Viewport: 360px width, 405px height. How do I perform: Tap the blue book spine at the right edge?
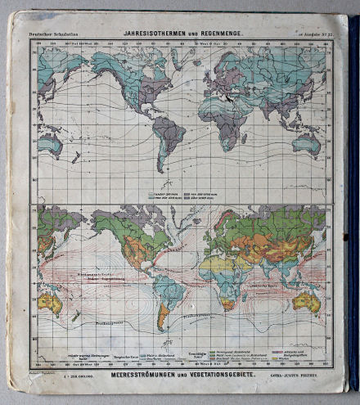point(353,205)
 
